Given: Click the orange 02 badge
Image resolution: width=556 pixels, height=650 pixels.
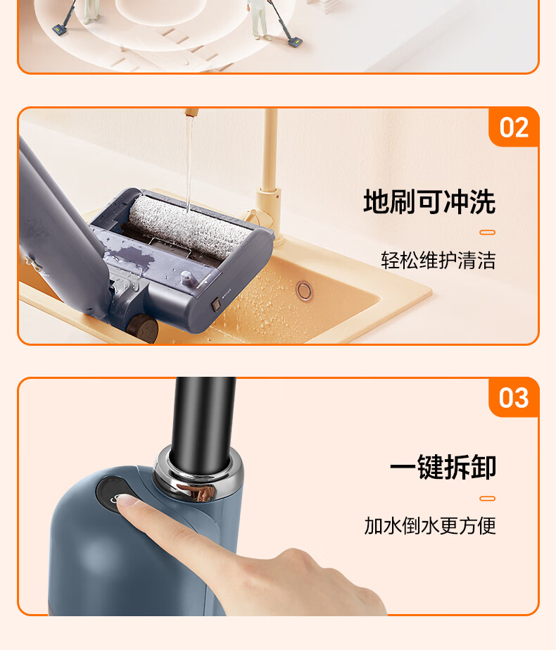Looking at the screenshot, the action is pos(514,127).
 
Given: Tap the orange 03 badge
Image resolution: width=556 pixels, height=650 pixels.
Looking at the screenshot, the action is pos(514,398).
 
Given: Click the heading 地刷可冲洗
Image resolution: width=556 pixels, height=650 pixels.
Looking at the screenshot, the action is pos(429,202).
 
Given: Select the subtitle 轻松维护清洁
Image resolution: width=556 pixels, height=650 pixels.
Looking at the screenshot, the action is pos(438,261).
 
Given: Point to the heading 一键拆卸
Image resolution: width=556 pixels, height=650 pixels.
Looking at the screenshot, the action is pos(443,467).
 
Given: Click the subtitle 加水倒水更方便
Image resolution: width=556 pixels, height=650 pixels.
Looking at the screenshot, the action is pos(430,525).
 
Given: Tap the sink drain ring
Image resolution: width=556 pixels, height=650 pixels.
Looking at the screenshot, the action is pos(304,289).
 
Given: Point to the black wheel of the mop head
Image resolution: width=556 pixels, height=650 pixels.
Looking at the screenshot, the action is pos(141,328).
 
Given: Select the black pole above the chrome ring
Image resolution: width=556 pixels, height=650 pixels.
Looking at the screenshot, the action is pos(203,423).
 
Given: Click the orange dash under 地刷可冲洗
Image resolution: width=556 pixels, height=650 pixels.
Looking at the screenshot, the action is pos(487,232).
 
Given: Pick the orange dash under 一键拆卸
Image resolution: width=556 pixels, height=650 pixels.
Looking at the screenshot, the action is pos(487,499).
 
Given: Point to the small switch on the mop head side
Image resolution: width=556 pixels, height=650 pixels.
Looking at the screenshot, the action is pos(216,304).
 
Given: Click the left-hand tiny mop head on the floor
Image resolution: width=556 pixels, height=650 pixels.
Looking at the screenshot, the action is pos(59,30).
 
